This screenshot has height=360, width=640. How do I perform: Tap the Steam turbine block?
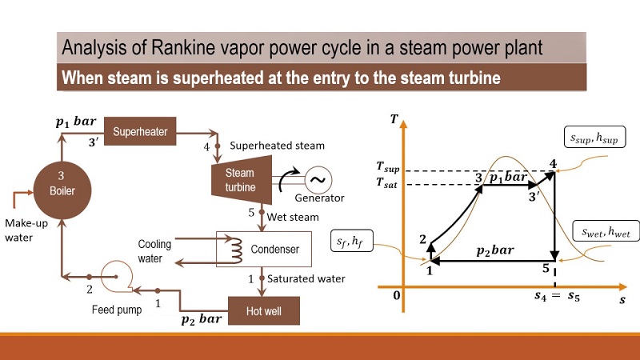pos(239,180)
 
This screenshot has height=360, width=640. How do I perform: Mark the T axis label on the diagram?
pos(394,119)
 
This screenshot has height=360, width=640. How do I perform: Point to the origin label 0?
pos(396,295)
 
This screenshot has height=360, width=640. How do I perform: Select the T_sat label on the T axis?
pos(390,183)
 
